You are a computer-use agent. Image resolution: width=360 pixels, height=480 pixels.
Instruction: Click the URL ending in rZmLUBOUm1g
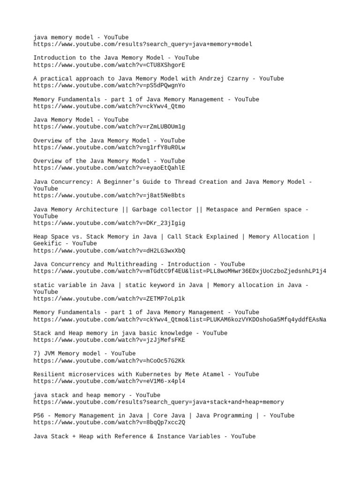click(109, 127)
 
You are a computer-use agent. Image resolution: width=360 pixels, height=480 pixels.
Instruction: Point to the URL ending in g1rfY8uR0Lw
click(109, 147)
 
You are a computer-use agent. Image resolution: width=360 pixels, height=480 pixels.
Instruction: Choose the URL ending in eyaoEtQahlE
click(109, 168)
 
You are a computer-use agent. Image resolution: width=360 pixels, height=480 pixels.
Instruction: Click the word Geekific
click(47, 244)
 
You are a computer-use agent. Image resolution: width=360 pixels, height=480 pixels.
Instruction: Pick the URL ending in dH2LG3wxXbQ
click(109, 251)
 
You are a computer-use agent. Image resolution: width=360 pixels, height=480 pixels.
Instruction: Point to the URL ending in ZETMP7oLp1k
click(109, 299)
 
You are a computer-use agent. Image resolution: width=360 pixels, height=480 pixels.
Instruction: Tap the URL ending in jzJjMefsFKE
click(109, 340)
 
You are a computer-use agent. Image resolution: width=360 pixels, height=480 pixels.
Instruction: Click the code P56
click(38, 416)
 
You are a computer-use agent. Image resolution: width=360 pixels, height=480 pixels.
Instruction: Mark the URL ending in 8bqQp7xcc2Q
click(109, 422)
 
